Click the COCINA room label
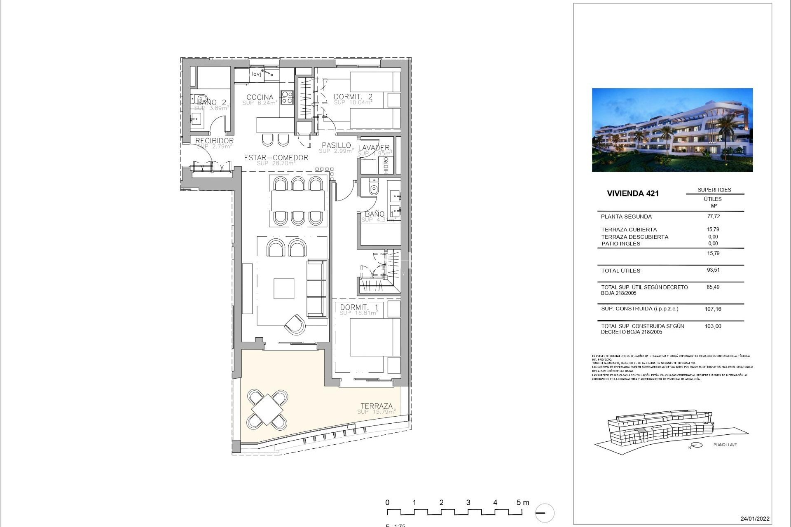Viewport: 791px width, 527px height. [x=260, y=97]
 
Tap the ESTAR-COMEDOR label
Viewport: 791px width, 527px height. [x=276, y=157]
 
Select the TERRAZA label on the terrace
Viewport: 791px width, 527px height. [x=377, y=406]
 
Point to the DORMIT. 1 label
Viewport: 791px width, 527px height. [x=359, y=307]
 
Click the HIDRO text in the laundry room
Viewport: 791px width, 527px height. [x=386, y=165]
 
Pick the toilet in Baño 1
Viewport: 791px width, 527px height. [x=374, y=189]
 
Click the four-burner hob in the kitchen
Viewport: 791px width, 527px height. [x=287, y=97]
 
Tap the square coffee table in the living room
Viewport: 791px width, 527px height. [x=284, y=289]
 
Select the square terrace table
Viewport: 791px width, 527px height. [x=267, y=409]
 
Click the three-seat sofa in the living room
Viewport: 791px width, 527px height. [x=317, y=288]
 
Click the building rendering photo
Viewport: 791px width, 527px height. [x=672, y=130]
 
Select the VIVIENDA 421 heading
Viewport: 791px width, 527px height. [x=632, y=194]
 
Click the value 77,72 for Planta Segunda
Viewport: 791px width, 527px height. [x=713, y=216]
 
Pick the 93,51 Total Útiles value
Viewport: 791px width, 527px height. [x=713, y=270]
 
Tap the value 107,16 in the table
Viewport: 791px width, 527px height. [x=713, y=309]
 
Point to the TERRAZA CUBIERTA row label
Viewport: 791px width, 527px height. [x=629, y=230]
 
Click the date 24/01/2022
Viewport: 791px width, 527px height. [x=755, y=519]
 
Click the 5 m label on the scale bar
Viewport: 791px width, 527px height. [x=522, y=502]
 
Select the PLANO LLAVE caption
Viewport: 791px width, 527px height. [x=725, y=445]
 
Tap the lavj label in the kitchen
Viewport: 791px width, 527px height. [x=256, y=74]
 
